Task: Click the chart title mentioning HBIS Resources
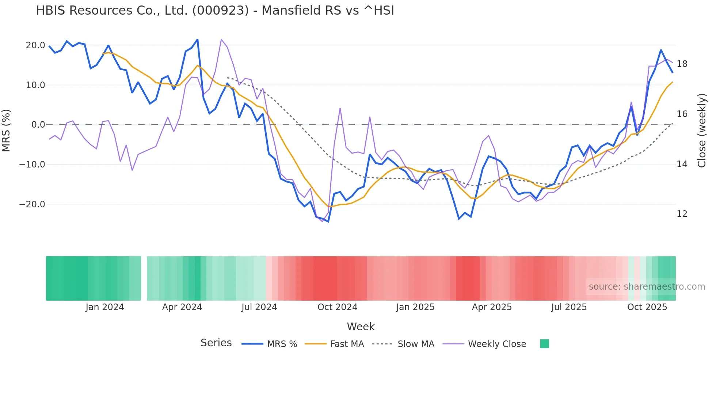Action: coord(215,11)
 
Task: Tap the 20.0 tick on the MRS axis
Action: coord(35,45)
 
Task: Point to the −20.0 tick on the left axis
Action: coord(32,204)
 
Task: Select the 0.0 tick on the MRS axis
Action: coord(38,125)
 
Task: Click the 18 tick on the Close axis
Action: coord(682,64)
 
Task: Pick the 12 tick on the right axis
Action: coord(682,214)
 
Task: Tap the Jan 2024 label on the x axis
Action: coord(105,307)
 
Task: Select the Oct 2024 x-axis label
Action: coord(337,307)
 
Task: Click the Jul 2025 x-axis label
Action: coord(569,307)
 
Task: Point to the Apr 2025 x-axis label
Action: coord(492,307)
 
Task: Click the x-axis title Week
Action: coord(361,327)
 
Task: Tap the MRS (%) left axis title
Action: coord(6,131)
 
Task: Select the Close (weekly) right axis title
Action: coord(702,131)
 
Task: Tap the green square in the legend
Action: coord(544,344)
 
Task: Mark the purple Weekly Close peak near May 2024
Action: coord(221,39)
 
